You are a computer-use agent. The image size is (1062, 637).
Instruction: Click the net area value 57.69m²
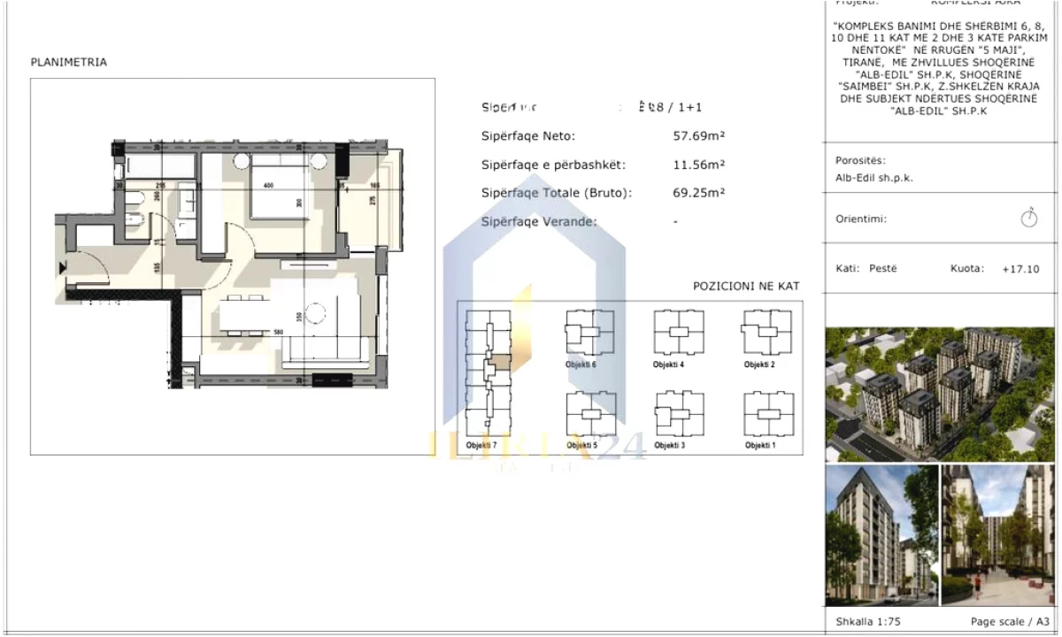point(699,136)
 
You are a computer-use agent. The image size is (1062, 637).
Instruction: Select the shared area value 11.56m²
point(699,165)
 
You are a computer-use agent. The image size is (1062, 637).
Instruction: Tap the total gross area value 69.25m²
point(699,193)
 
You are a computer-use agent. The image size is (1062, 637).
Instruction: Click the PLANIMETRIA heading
point(69,63)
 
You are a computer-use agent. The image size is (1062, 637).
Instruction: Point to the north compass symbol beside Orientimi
point(1028,218)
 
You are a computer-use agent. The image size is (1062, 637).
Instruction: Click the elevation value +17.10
point(1020,268)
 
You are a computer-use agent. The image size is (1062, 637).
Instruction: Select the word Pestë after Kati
point(883,268)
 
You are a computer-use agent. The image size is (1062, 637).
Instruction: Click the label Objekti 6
point(581,365)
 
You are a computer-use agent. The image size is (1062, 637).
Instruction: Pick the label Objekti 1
point(760,445)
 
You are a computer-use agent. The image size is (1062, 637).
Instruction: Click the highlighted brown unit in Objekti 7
point(501,362)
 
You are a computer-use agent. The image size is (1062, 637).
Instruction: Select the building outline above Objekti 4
point(679,333)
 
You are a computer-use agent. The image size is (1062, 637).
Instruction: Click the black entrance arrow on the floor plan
point(62,266)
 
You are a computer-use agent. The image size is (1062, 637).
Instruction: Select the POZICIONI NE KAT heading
point(746,287)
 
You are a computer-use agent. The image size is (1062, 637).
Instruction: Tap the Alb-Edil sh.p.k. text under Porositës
point(874,177)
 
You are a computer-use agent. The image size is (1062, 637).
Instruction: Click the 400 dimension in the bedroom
point(268,185)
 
